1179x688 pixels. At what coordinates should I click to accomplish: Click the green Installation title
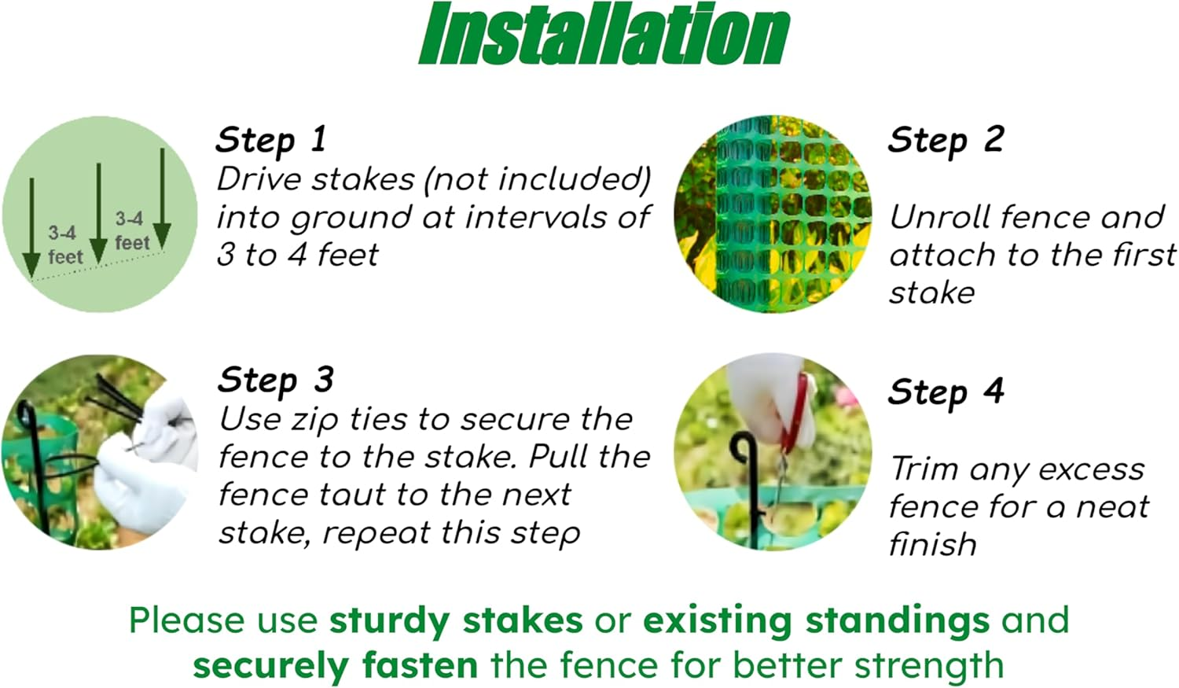tap(604, 34)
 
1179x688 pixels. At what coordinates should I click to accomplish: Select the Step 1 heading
tap(271, 141)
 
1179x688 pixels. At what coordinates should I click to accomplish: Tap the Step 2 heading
tap(946, 141)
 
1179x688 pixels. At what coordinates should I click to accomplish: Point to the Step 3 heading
tap(276, 380)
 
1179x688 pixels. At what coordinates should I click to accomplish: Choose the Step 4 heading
tap(946, 392)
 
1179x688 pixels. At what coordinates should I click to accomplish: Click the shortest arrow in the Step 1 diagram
tap(31, 227)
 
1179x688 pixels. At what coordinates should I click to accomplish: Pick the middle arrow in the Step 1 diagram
tap(98, 213)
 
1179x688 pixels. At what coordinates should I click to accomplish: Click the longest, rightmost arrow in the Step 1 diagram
tap(162, 198)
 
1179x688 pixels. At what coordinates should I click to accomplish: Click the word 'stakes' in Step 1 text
tap(363, 179)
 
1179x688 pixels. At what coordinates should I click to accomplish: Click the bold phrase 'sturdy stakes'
tap(457, 621)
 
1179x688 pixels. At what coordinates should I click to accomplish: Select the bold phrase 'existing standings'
tap(817, 621)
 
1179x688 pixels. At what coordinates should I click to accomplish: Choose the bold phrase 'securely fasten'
tap(336, 665)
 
